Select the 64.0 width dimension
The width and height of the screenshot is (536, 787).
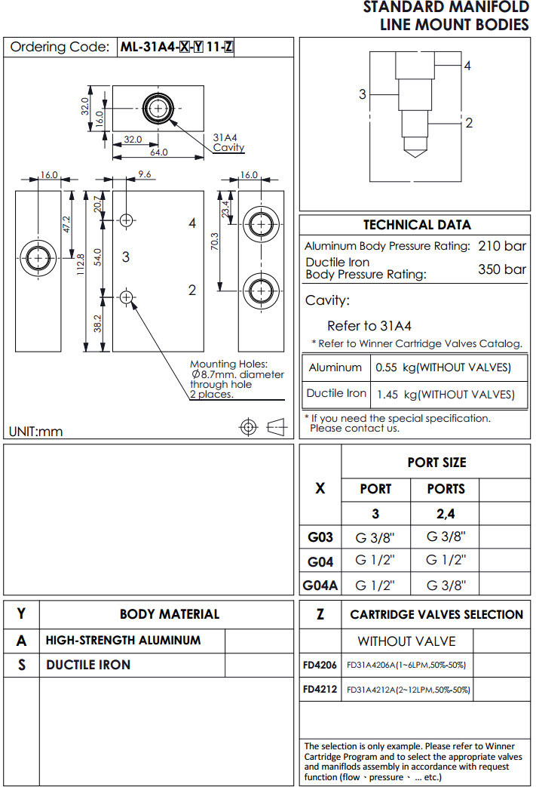(158, 152)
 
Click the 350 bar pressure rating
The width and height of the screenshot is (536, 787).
(502, 269)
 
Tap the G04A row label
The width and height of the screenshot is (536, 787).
(320, 586)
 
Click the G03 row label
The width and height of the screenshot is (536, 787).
(320, 537)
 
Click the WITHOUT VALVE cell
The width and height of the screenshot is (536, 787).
(406, 641)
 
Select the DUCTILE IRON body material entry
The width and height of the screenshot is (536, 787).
(88, 665)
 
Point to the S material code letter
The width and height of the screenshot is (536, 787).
(21, 666)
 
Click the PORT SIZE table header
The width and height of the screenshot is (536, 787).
(436, 463)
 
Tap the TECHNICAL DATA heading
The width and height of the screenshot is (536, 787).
(417, 225)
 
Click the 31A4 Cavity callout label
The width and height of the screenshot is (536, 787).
(228, 143)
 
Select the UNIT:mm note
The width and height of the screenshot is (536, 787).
(35, 432)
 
